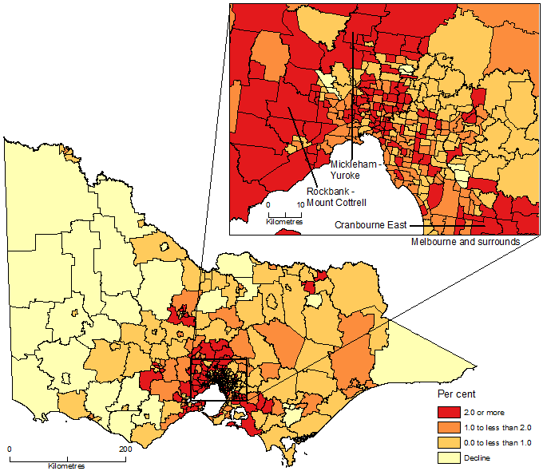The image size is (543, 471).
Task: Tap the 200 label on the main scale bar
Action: point(125,450)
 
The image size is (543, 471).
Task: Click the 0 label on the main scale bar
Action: point(10,450)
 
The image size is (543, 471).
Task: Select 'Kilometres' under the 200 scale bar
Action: point(66,465)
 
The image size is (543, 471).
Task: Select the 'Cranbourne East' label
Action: point(371,225)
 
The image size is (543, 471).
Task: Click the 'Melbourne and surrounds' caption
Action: point(465,241)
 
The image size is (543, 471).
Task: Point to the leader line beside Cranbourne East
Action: point(431,225)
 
